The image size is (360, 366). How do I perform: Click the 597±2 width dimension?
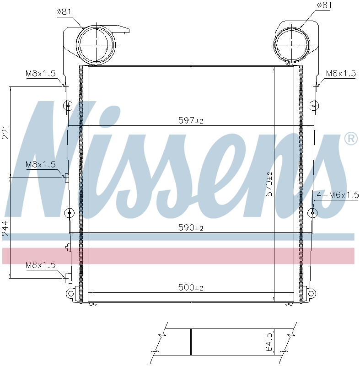(x=191, y=120)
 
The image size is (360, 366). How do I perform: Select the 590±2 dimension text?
(x=191, y=227)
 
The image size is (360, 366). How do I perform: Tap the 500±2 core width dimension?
(x=191, y=287)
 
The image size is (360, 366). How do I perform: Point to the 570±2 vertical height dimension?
(x=269, y=184)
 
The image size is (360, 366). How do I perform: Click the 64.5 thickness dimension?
(x=269, y=342)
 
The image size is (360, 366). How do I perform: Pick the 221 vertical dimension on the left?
(x=5, y=132)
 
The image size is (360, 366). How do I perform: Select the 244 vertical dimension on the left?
(x=5, y=228)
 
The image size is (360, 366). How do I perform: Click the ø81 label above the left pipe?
(x=64, y=12)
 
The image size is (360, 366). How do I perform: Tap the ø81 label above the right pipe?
(x=324, y=5)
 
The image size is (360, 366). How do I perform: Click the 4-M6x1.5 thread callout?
(x=338, y=195)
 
